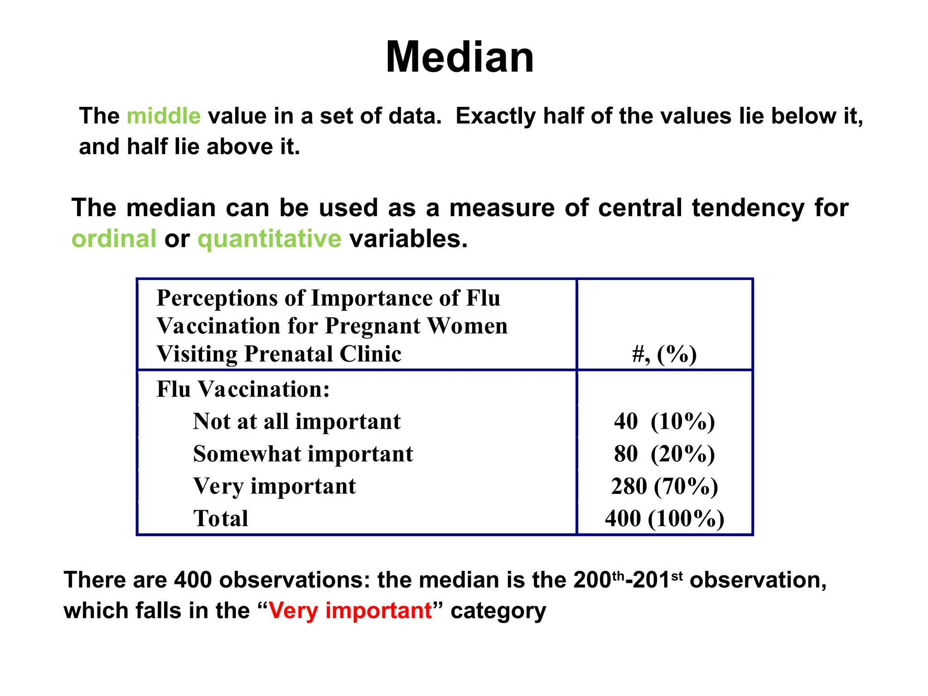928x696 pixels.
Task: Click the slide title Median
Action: tap(459, 57)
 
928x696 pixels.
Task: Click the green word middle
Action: tap(164, 116)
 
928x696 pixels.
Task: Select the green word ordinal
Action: tap(114, 239)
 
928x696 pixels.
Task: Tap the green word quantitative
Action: tap(269, 239)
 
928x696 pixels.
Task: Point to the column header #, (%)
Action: tap(664, 354)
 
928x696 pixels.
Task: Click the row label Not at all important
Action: tap(297, 421)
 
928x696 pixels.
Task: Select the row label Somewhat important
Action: tap(303, 454)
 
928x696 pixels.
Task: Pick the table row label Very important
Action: tap(275, 486)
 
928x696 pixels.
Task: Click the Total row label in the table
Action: tap(221, 518)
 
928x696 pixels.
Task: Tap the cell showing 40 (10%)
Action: tap(664, 421)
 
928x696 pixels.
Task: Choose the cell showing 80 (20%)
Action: tap(664, 454)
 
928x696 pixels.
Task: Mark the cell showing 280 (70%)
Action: tap(664, 486)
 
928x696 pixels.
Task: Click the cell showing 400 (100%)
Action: tap(664, 518)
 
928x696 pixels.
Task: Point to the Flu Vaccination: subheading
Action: tap(243, 389)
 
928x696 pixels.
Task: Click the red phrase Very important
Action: tap(350, 610)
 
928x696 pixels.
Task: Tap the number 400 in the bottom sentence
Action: tap(193, 580)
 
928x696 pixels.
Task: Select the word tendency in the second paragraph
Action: tap(748, 208)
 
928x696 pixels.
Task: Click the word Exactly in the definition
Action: tap(495, 116)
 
